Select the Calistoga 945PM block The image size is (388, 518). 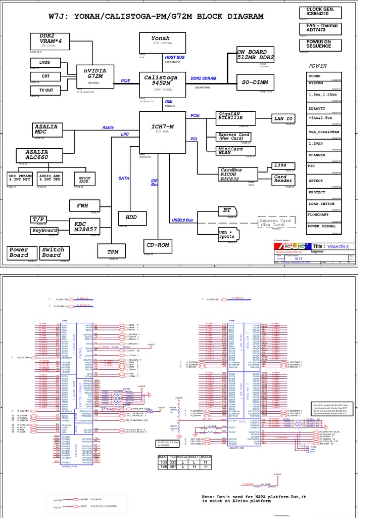point(161,81)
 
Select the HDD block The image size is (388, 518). point(132,217)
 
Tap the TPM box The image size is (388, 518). point(113,251)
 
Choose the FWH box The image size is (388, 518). point(82,206)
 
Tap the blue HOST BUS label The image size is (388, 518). point(174,58)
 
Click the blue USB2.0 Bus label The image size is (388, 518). point(182,220)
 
